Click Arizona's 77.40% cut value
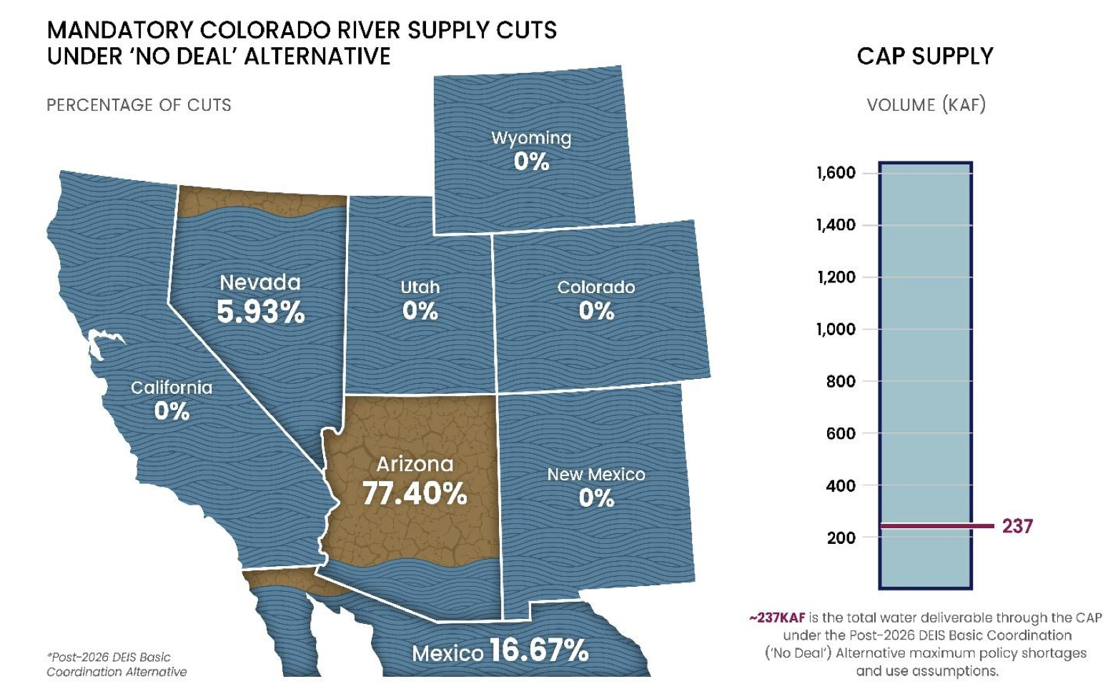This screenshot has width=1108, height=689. point(415,493)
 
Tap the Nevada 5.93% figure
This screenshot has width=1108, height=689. point(261,312)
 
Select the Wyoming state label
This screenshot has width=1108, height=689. point(531,138)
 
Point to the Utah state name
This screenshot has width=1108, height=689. point(420,287)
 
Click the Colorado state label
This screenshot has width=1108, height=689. point(596,287)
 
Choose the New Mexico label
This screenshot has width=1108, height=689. point(596,475)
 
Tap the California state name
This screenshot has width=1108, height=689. point(172,387)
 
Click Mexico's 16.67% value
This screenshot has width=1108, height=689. point(539,650)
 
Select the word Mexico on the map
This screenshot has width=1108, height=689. point(447,653)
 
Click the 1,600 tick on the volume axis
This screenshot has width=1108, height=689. point(836,173)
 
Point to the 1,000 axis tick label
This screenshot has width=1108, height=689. point(836,329)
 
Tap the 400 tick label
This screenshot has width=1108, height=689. point(841,486)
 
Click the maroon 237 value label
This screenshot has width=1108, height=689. point(1017,527)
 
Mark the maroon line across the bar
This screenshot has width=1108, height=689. point(936,526)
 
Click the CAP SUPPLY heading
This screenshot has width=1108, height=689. point(925,56)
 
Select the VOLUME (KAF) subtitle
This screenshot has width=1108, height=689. point(926,105)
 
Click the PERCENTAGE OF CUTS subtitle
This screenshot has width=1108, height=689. point(139,105)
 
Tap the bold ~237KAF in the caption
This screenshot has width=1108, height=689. point(777,618)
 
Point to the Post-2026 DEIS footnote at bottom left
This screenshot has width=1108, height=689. point(117,665)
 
